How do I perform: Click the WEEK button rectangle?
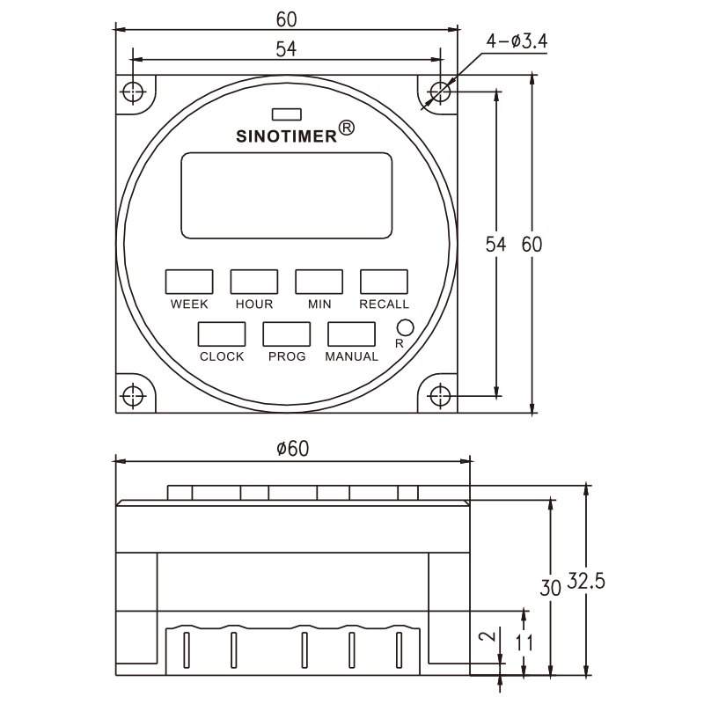(189, 282)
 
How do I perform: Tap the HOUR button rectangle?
(254, 282)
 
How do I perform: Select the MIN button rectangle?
(319, 282)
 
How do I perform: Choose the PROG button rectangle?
(287, 334)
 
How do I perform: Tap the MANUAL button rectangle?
(352, 334)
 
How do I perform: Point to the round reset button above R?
(406, 326)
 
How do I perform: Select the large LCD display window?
(287, 195)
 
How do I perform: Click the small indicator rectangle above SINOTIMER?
(287, 114)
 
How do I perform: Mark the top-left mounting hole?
(132, 91)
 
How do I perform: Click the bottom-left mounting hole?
(132, 395)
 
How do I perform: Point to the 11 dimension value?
(524, 642)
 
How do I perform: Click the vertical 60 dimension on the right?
(532, 245)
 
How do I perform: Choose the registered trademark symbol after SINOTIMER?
(347, 128)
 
